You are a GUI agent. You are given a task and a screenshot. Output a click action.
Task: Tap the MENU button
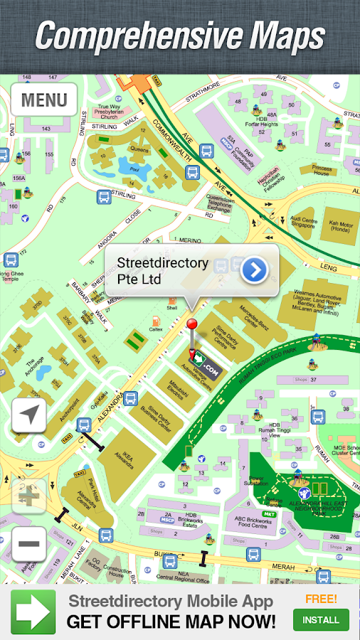click(44, 100)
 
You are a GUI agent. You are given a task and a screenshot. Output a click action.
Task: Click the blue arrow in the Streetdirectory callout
click(254, 270)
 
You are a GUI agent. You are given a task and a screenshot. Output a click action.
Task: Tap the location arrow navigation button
click(29, 415)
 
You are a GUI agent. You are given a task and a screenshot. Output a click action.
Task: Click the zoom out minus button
click(29, 543)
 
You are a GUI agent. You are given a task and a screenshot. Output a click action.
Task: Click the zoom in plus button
click(29, 496)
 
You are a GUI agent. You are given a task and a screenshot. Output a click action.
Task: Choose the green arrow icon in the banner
click(33, 611)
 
